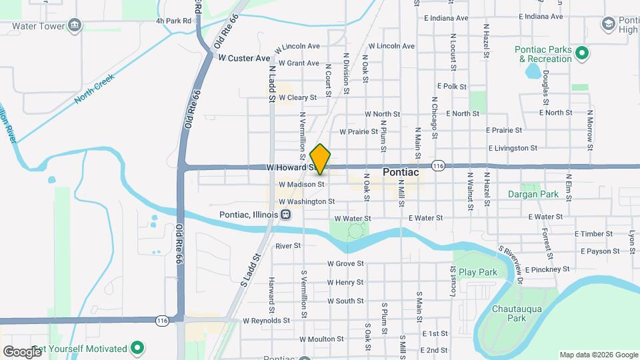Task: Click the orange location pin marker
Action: (321, 159)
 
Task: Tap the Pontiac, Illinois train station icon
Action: (285, 214)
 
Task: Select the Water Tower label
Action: (37, 26)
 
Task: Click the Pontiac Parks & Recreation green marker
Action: (581, 51)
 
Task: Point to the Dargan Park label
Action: (532, 195)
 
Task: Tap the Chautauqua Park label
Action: (518, 313)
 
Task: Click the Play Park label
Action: (478, 272)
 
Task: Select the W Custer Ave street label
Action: (244, 58)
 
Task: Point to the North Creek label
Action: (95, 88)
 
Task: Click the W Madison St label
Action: (301, 185)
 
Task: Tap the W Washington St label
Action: (307, 201)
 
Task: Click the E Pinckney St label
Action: (547, 269)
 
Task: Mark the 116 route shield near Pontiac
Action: (438, 166)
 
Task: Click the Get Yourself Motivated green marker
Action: (138, 348)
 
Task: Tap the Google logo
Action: (21, 351)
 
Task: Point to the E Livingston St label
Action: (513, 148)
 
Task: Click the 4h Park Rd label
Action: (174, 21)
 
